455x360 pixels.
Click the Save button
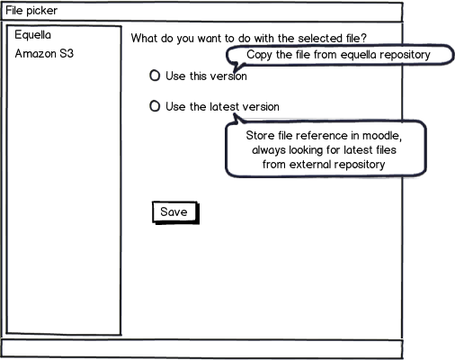[x=175, y=212]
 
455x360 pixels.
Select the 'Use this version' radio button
[x=155, y=76]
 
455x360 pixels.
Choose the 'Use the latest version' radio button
[x=155, y=106]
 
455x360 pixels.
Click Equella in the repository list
[x=33, y=35]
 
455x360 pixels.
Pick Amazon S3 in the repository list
[x=44, y=54]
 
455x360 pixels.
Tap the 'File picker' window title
[x=31, y=11]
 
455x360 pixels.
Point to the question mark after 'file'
[x=363, y=39]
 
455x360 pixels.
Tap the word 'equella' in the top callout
[x=359, y=55]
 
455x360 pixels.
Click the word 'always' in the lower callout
[x=269, y=150]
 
